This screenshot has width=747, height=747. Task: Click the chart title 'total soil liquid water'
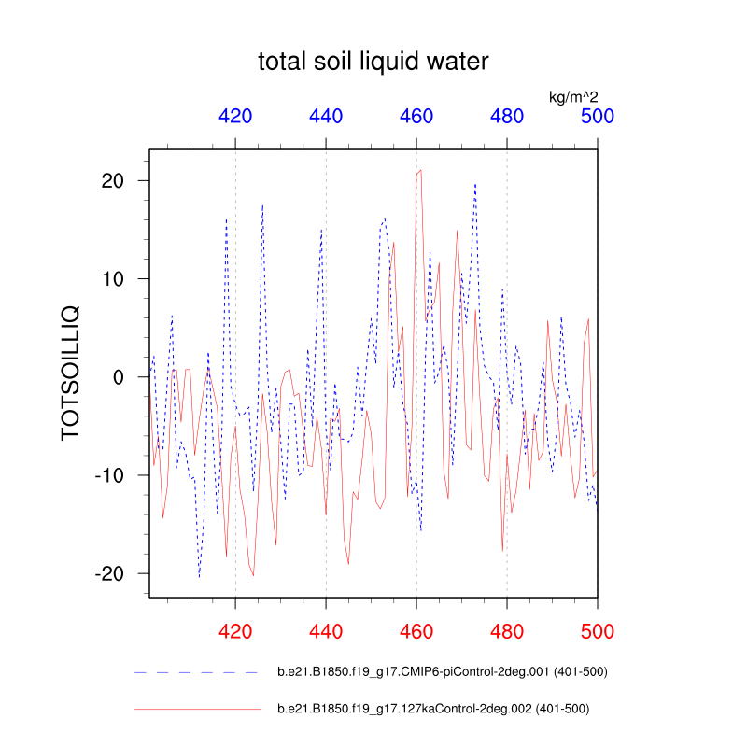point(373,63)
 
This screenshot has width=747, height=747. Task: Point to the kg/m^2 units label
point(571,96)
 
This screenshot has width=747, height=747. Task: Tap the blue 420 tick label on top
point(235,117)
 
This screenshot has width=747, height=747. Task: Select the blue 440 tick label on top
point(326,117)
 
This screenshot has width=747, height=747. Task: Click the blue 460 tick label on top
point(416,117)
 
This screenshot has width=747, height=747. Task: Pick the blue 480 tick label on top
point(507,117)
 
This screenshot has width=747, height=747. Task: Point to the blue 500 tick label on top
point(597,117)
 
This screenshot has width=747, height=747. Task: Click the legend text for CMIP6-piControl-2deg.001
point(444,672)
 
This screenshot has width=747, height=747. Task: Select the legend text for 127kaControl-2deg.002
point(433,709)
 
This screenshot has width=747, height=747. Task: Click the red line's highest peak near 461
point(421,170)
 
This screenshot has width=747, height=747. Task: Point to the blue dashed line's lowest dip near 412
point(199,576)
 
